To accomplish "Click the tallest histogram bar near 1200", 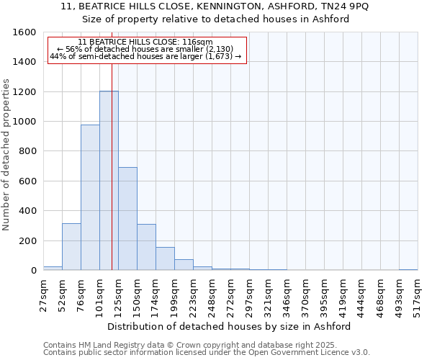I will (109, 180).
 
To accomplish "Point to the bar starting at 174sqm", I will (165, 258).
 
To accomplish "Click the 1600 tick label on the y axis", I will (24, 32).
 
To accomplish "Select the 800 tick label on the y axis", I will (27, 151).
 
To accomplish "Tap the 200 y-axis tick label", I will (27, 240).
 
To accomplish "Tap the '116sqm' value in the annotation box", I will (197, 42).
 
